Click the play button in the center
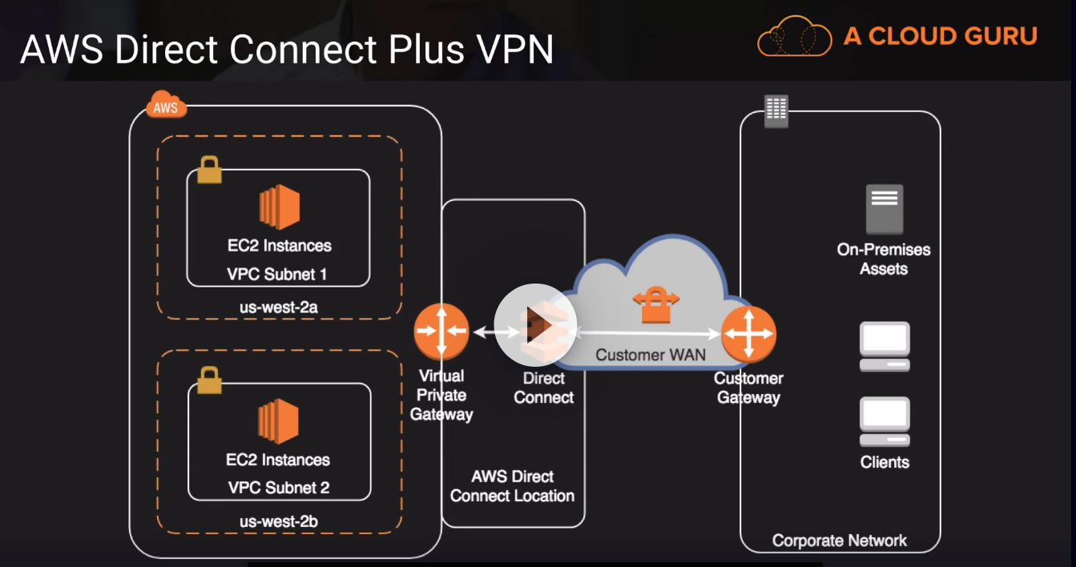[x=535, y=325]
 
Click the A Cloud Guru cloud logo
[x=795, y=36]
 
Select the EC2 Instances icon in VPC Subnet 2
[x=279, y=422]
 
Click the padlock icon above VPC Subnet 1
[x=209, y=170]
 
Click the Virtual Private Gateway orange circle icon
[x=441, y=332]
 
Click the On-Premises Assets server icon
[x=884, y=210]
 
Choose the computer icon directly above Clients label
[x=885, y=423]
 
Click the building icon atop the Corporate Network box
[x=776, y=111]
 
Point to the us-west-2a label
[x=278, y=307]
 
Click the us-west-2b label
[x=278, y=521]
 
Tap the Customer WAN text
[x=650, y=354]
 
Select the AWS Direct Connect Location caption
[x=512, y=486]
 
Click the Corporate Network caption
[x=839, y=541]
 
